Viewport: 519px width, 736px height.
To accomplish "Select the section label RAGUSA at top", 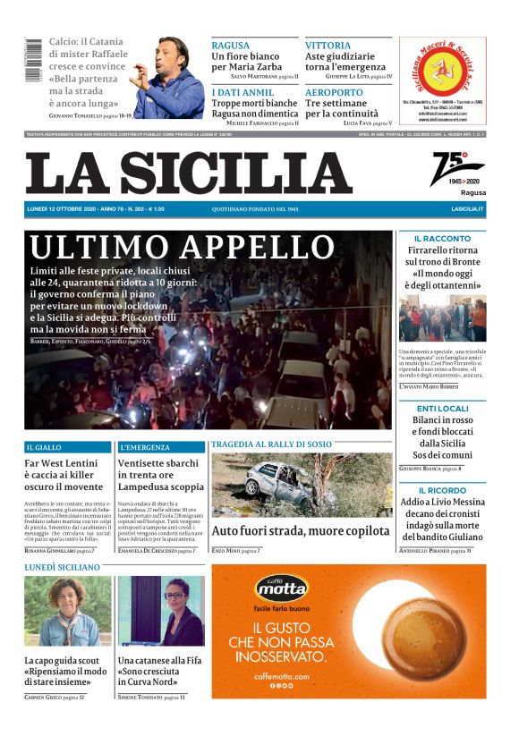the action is click(x=231, y=45).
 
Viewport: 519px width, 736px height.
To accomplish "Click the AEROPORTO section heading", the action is click(x=334, y=92).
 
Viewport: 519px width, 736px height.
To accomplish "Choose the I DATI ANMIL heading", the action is click(x=242, y=92).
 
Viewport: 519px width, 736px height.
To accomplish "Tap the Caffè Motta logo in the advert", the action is click(x=282, y=588).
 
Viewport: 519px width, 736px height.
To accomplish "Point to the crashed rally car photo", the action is click(x=301, y=485).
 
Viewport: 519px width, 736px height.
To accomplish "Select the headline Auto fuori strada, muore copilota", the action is click(x=302, y=530).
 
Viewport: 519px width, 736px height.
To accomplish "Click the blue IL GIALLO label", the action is click(x=44, y=446).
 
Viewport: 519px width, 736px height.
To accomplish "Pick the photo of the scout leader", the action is click(x=68, y=611).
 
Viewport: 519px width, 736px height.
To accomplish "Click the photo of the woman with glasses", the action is click(x=161, y=611).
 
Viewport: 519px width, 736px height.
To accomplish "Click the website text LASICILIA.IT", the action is click(x=467, y=209).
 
